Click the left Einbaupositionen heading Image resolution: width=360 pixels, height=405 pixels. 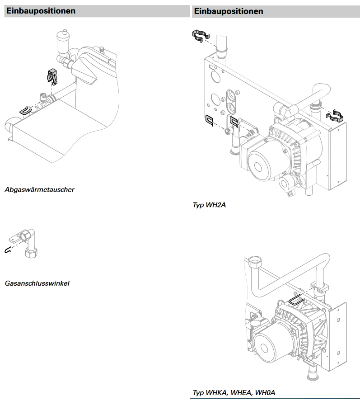(x=41, y=11)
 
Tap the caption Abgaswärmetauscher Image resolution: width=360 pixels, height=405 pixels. (x=39, y=190)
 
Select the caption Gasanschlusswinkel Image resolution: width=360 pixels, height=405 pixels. (x=37, y=284)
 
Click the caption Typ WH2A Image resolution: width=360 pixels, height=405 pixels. (x=209, y=205)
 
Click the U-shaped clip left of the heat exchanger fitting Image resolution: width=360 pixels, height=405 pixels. (x=25, y=110)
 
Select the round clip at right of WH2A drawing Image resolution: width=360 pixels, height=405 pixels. (x=336, y=116)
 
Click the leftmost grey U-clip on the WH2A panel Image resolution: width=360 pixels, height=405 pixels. (x=210, y=120)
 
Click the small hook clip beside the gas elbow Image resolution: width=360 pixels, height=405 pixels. (x=7, y=249)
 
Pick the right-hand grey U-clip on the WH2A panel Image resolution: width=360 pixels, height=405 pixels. (x=233, y=122)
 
